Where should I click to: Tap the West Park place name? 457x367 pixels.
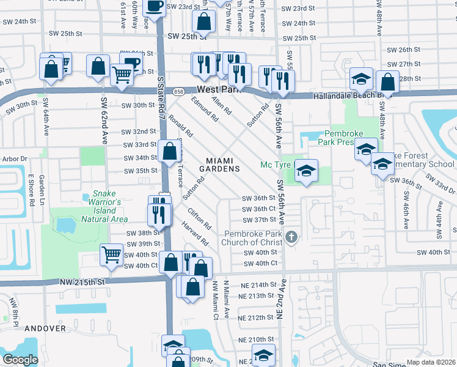point(217,89)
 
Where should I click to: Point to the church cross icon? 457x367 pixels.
point(292,237)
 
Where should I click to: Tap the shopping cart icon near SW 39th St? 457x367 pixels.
point(111,254)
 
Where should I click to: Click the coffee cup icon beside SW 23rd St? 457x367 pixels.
point(154,6)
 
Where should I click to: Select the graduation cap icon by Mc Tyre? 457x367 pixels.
point(307,171)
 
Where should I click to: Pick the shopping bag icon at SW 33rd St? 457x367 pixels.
point(169,152)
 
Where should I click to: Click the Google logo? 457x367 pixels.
point(20,360)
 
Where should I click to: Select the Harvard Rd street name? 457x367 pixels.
point(195,234)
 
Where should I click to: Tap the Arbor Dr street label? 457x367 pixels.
point(15,158)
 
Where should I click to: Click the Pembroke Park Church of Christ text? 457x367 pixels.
point(253,238)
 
